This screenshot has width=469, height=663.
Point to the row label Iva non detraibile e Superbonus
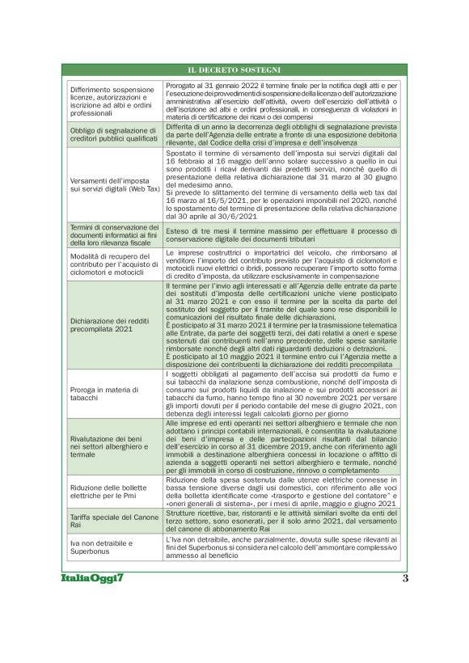tap(105, 547)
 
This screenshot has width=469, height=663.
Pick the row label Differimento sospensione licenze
tap(112, 99)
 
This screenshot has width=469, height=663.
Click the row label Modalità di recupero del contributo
tap(112, 264)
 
